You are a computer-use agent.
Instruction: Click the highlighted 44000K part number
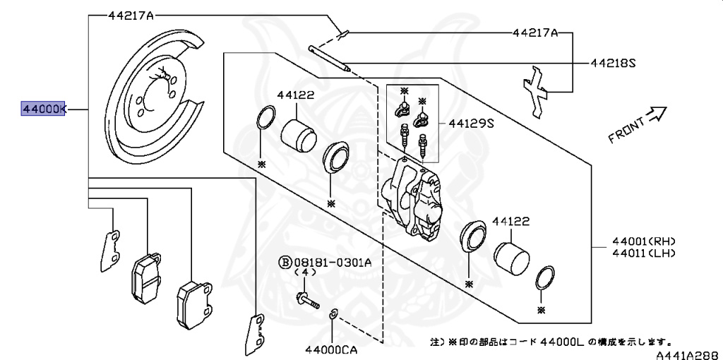tap(43, 109)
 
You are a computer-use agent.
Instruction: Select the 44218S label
tap(613, 63)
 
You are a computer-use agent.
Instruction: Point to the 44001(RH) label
tap(644, 241)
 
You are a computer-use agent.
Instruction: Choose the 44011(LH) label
tap(644, 253)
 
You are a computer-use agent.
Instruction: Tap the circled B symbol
tap(285, 263)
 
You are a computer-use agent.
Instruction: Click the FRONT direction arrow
tap(657, 115)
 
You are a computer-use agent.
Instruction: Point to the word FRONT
tap(626, 131)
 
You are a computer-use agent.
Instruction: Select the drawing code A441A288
tap(689, 354)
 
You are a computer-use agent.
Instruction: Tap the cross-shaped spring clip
tap(535, 92)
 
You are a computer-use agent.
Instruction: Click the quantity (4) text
tap(305, 272)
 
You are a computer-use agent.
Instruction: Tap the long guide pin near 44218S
tap(330, 58)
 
